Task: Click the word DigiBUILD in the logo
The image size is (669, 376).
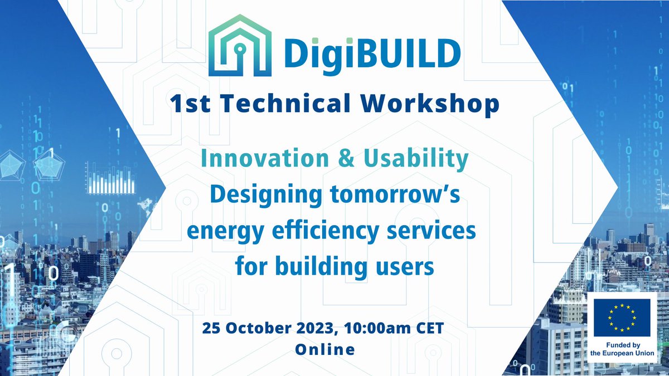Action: pyautogui.click(x=371, y=52)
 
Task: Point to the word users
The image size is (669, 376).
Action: pyautogui.click(x=404, y=267)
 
